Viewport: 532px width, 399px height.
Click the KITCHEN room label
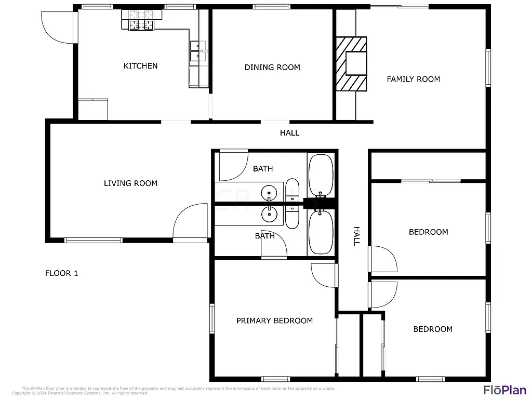(x=140, y=66)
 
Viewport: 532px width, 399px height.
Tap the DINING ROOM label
(x=272, y=67)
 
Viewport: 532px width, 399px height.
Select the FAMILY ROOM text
(x=413, y=79)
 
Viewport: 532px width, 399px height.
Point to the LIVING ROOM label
(x=130, y=183)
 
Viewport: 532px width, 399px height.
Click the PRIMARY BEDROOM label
(x=274, y=321)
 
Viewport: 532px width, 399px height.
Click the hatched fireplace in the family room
(x=351, y=64)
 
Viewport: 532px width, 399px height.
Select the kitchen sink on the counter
(x=197, y=52)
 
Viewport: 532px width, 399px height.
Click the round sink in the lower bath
(x=269, y=212)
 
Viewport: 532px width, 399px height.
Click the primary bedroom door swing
(x=324, y=276)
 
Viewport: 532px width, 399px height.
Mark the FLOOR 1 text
(x=61, y=273)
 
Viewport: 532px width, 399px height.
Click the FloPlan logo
(x=504, y=390)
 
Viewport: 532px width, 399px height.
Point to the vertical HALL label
(x=356, y=236)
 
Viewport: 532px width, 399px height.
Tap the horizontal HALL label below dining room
(x=289, y=133)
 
